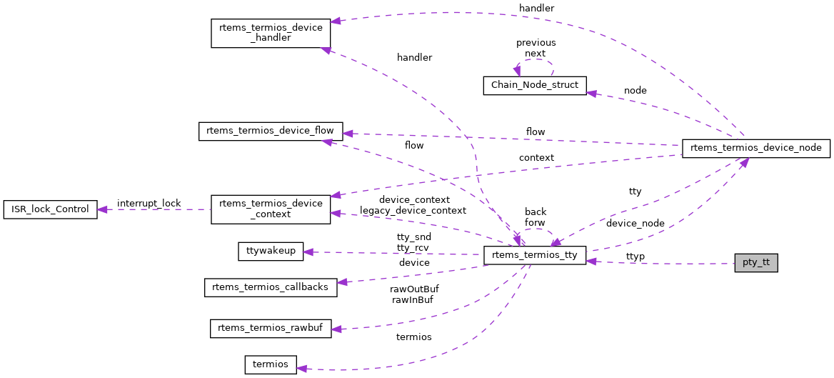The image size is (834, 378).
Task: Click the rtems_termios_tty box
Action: (535, 256)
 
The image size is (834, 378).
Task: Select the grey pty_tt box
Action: (755, 262)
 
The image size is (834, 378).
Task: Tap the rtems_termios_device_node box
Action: (756, 148)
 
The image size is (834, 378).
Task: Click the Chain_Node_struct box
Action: (535, 85)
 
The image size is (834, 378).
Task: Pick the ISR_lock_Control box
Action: (50, 209)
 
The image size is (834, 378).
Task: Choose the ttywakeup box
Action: (271, 252)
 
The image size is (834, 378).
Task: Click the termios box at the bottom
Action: (271, 364)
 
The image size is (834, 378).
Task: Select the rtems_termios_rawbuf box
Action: (271, 329)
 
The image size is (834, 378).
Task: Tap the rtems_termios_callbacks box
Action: (271, 287)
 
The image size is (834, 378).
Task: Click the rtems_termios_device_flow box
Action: (271, 131)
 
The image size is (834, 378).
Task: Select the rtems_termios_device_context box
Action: (271, 209)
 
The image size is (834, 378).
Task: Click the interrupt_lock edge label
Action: (149, 204)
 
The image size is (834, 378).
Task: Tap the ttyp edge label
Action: (635, 256)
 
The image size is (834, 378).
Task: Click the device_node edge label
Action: (635, 224)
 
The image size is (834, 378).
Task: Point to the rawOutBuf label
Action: (414, 289)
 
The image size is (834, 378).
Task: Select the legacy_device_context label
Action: (413, 211)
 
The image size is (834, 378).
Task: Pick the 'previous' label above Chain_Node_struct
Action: (536, 43)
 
